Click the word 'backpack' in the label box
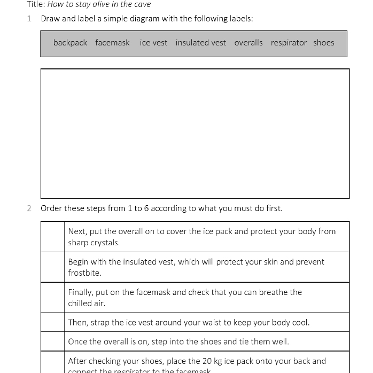[70, 43]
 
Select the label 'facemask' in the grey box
[112, 43]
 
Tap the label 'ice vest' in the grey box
[153, 43]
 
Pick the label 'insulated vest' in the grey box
[200, 43]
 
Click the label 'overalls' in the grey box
[248, 43]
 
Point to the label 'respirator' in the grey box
[289, 43]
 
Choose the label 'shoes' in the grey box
[324, 43]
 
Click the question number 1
[29, 19]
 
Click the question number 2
[29, 208]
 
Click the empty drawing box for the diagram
[195, 134]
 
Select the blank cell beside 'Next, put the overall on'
[53, 237]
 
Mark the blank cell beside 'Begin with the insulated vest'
[53, 267]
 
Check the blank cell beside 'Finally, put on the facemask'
[53, 298]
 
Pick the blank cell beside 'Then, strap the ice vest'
[53, 322]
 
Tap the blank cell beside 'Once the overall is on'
[53, 341]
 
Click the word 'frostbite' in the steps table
[84, 273]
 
